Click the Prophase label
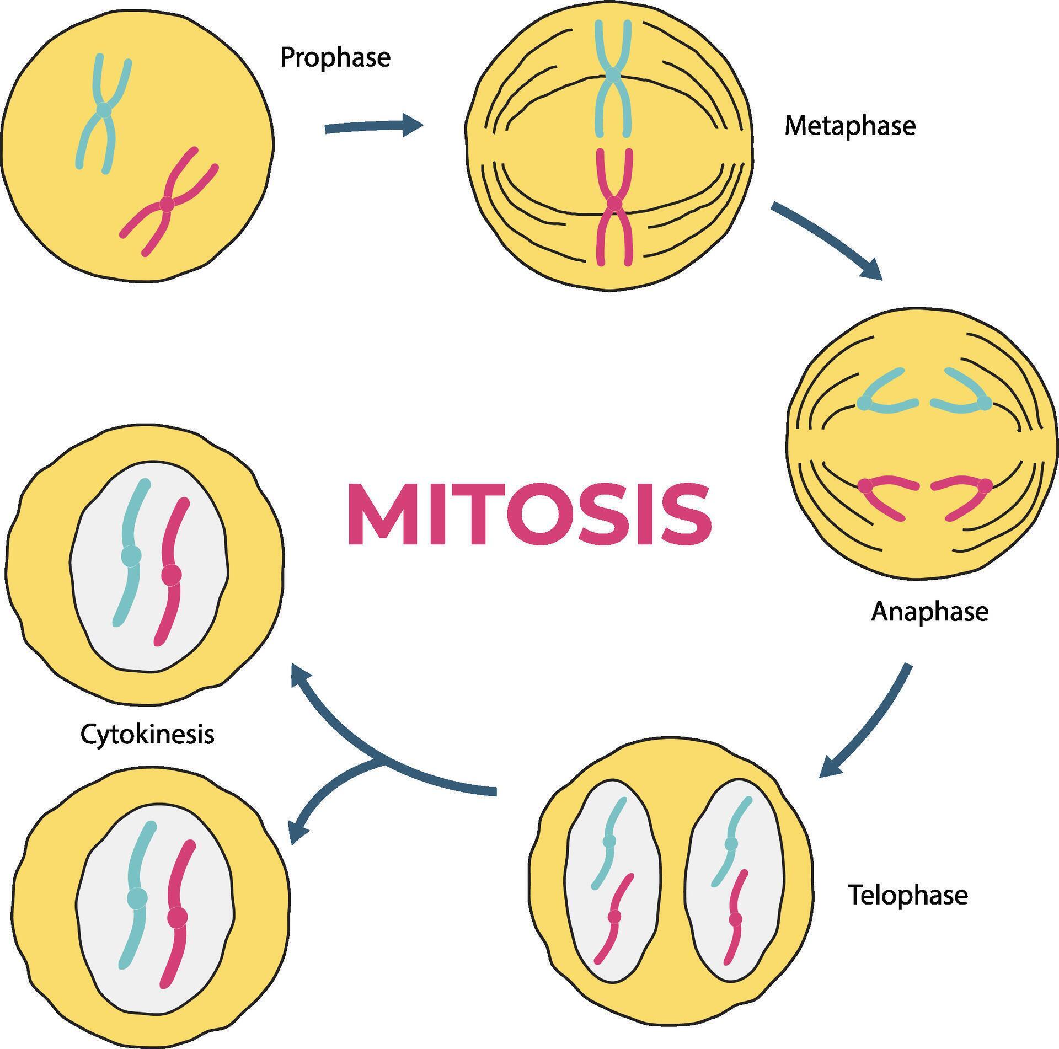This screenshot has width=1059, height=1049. tap(335, 57)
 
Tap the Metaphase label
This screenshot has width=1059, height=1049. tap(849, 126)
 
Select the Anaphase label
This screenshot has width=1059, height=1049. tap(929, 612)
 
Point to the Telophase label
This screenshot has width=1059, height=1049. tap(907, 895)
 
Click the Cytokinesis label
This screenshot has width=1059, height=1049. tap(147, 734)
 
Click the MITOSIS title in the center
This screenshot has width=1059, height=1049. tap(529, 515)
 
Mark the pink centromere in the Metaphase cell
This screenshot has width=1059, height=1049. tap(614, 204)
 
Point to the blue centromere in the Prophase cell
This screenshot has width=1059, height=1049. tap(104, 111)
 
